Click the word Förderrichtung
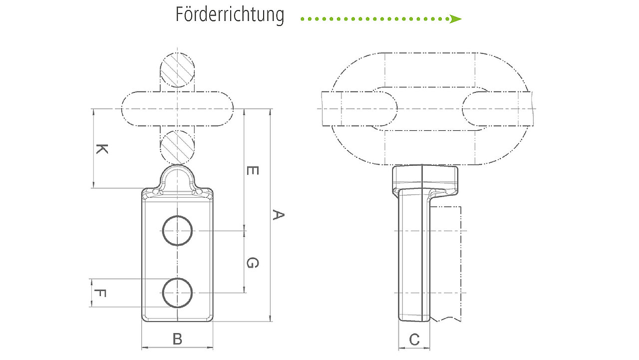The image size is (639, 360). click(x=230, y=15)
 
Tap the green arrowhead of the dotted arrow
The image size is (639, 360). click(x=455, y=19)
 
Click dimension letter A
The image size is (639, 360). click(x=278, y=215)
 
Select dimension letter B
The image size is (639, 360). click(x=177, y=339)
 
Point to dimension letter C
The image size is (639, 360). click(x=414, y=340)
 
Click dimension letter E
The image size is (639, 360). click(x=253, y=171)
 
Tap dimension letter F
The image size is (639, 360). click(x=100, y=293)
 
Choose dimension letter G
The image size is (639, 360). click(x=253, y=263)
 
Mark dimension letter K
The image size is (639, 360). click(x=102, y=149)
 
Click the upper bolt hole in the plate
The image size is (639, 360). click(x=177, y=216)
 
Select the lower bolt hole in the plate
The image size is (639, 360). click(x=177, y=279)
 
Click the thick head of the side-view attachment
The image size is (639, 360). click(x=425, y=177)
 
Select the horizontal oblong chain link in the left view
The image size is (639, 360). click(x=177, y=92)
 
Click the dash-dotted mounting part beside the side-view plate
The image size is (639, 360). click(x=461, y=264)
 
